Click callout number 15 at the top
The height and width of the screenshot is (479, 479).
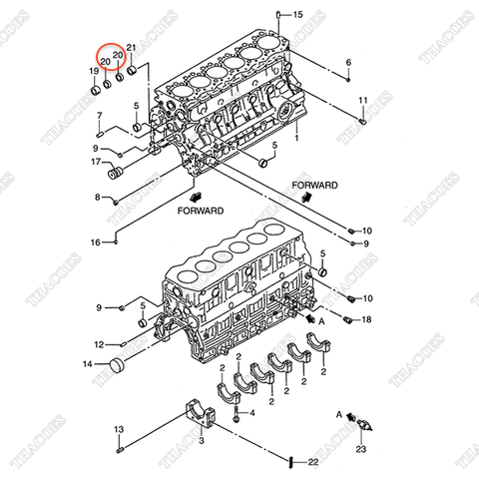click(x=297, y=15)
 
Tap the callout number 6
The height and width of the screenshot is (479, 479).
click(x=348, y=63)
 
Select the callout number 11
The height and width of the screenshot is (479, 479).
click(x=363, y=100)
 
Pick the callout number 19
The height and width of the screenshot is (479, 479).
click(x=95, y=72)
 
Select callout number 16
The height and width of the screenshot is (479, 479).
click(x=96, y=242)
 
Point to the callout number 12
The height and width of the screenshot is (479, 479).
click(x=98, y=344)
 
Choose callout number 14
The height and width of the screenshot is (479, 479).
click(x=87, y=365)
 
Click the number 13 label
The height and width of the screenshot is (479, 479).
click(x=117, y=429)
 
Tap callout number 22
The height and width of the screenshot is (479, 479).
click(x=312, y=462)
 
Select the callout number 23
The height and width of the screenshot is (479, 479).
click(x=360, y=450)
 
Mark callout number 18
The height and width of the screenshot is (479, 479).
click(x=366, y=319)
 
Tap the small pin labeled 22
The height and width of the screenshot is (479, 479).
click(x=289, y=461)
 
